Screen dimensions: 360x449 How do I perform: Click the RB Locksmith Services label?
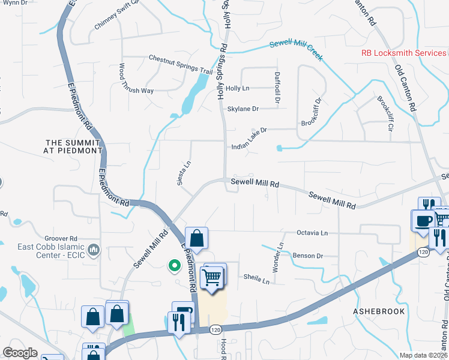pos(404,53)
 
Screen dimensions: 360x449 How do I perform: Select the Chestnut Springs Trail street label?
pos(181,65)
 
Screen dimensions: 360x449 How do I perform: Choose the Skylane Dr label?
pos(243,109)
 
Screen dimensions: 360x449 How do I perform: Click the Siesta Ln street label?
pos(183,173)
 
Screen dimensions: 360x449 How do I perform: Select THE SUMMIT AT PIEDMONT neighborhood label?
pos(74,146)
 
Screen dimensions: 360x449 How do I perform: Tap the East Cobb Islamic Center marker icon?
pos(94,248)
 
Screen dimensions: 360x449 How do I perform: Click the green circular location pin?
pos(174,264)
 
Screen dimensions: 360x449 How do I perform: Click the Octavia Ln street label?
pos(312,232)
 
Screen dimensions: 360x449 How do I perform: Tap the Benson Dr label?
pos(308,256)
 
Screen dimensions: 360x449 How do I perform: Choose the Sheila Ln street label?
pos(256,277)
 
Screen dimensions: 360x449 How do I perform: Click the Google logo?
pos(20,353)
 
